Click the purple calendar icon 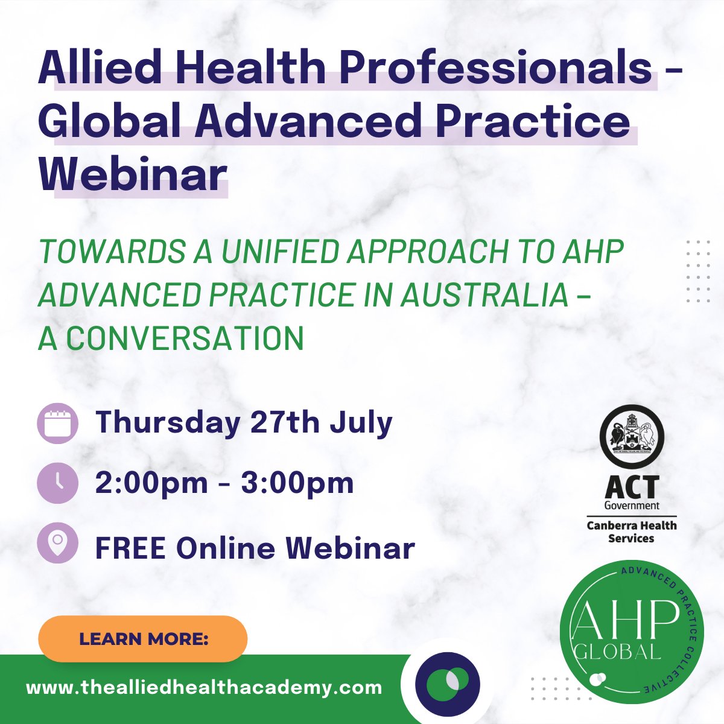pyautogui.click(x=57, y=423)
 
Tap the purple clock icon pyautogui.click(x=57, y=483)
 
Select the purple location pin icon pyautogui.click(x=57, y=543)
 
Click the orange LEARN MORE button pyautogui.click(x=143, y=639)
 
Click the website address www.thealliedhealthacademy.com pyautogui.click(x=204, y=688)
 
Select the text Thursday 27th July pyautogui.click(x=244, y=422)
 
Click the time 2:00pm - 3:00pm pyautogui.click(x=224, y=483)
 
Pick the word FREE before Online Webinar pyautogui.click(x=130, y=548)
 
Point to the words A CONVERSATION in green pyautogui.click(x=171, y=338)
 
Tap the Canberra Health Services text pyautogui.click(x=631, y=532)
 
